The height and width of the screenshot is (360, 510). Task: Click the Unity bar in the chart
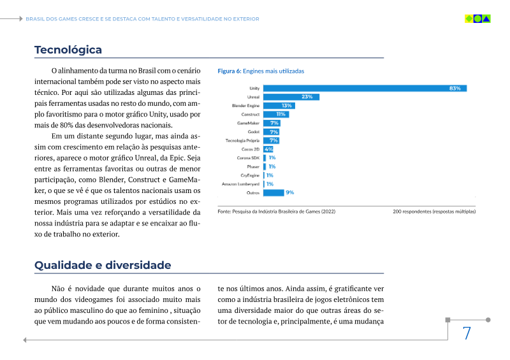(363, 88)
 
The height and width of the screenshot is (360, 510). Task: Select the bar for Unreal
(291, 97)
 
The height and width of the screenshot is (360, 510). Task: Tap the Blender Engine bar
(279, 106)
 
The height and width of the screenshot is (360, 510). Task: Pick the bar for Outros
(273, 192)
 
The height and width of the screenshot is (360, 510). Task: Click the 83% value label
(455, 88)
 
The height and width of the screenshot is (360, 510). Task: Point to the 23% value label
(307, 97)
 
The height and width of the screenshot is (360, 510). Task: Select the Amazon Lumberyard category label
(240, 184)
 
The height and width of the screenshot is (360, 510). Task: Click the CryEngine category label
(250, 175)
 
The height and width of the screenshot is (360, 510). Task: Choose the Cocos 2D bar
(268, 148)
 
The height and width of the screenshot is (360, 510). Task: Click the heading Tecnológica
(68, 50)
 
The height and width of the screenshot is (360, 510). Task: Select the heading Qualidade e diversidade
(103, 265)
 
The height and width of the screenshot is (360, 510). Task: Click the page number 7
(467, 333)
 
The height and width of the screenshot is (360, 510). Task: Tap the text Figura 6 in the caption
(229, 71)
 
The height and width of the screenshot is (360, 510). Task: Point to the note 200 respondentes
(434, 211)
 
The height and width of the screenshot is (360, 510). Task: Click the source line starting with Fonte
(277, 211)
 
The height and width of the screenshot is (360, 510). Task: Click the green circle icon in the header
(477, 18)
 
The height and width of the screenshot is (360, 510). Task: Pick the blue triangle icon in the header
(486, 18)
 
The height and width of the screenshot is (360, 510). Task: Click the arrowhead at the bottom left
(25, 340)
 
